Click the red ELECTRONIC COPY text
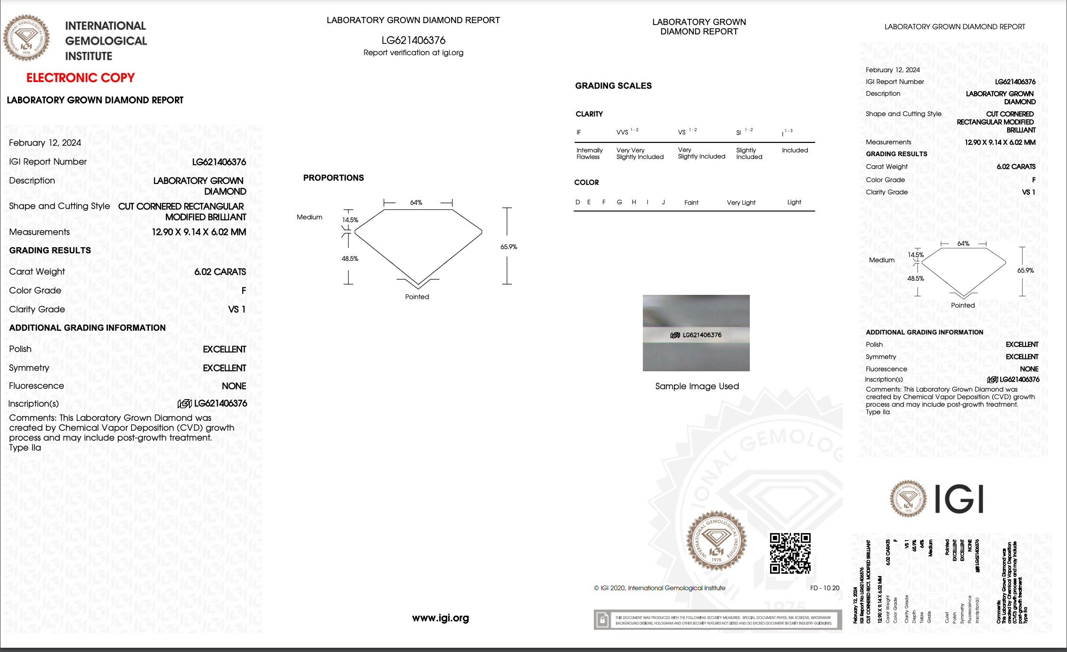tap(80, 77)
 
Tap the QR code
tap(790, 553)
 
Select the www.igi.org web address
tap(440, 618)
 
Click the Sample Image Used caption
tap(697, 386)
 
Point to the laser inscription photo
tap(696, 333)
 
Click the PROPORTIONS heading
tap(333, 178)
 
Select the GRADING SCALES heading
tap(613, 86)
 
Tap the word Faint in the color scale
tap(691, 202)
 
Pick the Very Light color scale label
tap(741, 202)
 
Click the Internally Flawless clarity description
tap(589, 153)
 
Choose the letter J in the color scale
tap(663, 202)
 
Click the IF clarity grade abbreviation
tap(579, 133)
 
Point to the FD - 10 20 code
tap(824, 588)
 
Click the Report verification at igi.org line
tap(413, 53)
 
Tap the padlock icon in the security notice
tap(602, 619)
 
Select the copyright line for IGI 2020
tap(659, 588)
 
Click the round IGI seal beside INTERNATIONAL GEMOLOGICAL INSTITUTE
tap(26, 38)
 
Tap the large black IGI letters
tap(959, 499)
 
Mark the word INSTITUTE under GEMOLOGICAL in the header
tap(89, 56)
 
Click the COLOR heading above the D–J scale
tap(586, 183)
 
